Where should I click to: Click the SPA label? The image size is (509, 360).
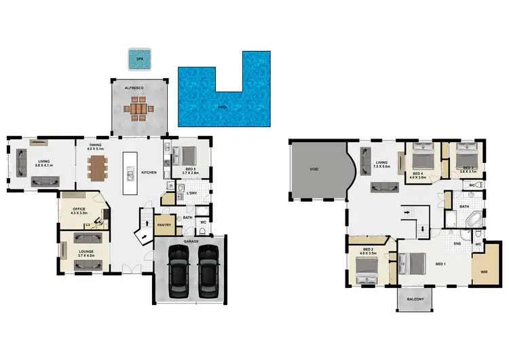[140, 59]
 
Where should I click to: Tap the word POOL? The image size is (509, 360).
[223, 107]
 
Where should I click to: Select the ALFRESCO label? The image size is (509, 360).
[139, 87]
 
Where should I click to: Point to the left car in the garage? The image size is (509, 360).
[178, 267]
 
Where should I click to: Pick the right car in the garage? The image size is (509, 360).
[208, 267]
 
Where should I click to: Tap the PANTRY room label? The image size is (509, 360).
[163, 224]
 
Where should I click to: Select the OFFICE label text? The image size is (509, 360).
[80, 209]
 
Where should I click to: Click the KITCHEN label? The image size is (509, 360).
[149, 173]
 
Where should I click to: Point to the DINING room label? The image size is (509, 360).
[95, 145]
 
